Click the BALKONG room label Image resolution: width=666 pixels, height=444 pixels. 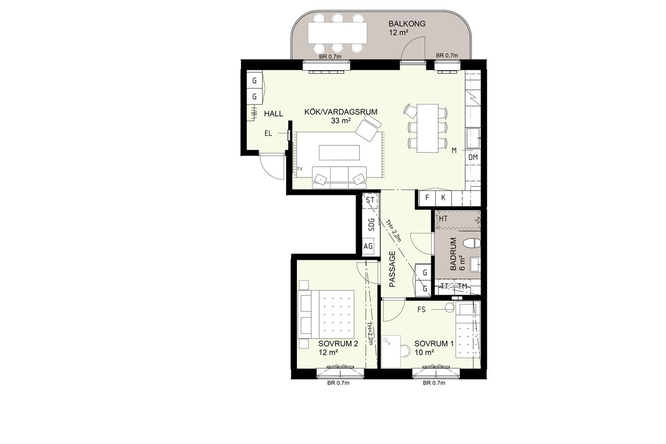coord(407,24)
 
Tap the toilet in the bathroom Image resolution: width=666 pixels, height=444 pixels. coord(472,243)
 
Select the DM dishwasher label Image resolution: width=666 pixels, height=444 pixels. coord(473,157)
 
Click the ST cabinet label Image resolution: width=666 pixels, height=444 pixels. coord(370,200)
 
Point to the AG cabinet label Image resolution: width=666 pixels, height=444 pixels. coord(368,247)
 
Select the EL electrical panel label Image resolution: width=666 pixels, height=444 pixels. coord(268,134)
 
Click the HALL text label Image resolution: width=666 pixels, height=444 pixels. coord(274,114)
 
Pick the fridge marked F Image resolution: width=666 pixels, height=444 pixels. coord(427,198)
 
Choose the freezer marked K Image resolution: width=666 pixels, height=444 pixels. coord(443,198)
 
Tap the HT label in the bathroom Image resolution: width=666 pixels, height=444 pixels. coord(443,219)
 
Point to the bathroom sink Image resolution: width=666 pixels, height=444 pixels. coord(475,265)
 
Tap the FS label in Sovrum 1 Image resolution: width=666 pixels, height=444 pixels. coord(421,309)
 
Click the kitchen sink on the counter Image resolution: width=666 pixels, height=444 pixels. coord(473,138)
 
